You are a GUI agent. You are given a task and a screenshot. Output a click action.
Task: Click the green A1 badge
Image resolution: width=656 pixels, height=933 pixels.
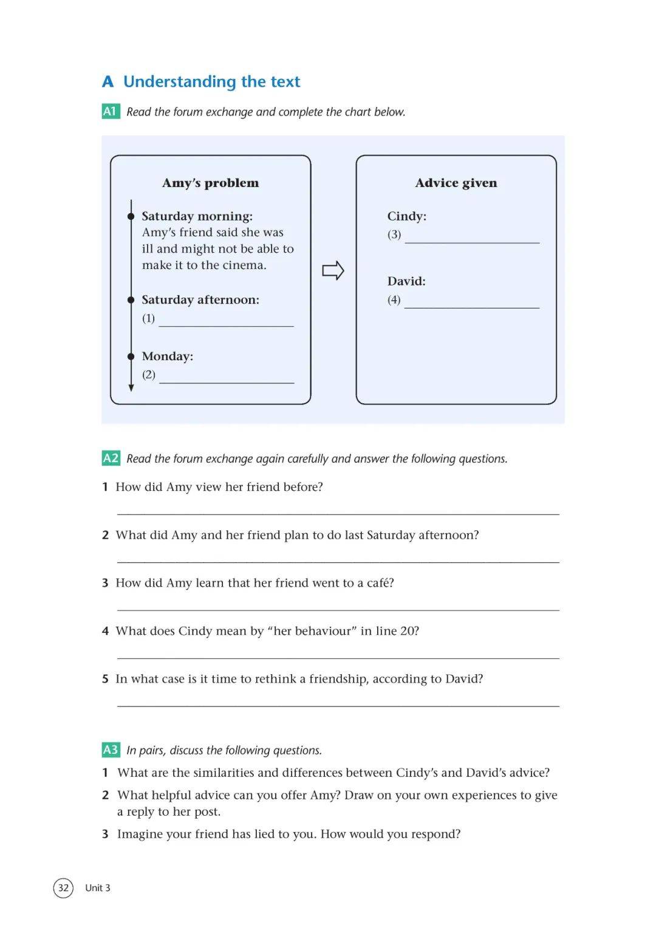[x=110, y=111]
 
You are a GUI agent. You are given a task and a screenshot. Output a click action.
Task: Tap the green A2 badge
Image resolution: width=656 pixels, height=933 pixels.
[x=111, y=458]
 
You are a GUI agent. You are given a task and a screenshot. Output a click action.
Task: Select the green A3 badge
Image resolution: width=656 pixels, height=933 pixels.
[x=111, y=750]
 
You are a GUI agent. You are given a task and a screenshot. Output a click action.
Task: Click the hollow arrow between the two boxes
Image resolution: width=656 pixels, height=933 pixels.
[x=333, y=270]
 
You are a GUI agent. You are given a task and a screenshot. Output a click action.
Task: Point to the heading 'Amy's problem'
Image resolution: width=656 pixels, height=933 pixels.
[x=210, y=183]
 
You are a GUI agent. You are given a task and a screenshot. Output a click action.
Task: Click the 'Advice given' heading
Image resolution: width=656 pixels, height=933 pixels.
[x=456, y=183]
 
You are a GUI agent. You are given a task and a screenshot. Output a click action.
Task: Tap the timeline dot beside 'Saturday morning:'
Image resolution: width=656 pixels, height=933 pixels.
[x=131, y=216]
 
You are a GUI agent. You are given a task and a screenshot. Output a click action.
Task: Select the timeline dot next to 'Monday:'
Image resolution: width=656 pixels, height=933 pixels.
[x=131, y=356]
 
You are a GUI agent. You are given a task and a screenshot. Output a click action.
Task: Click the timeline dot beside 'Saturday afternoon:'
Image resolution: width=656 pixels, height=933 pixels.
[x=131, y=299]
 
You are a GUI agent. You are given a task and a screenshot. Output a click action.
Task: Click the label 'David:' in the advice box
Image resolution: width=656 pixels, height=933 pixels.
[x=406, y=281]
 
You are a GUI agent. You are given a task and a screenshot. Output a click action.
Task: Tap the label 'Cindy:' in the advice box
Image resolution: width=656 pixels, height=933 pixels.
[x=407, y=216]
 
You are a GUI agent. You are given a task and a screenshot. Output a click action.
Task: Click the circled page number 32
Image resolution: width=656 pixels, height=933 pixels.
[x=63, y=887]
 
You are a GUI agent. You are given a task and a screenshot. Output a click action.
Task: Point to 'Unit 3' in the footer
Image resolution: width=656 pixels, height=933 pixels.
[x=98, y=888]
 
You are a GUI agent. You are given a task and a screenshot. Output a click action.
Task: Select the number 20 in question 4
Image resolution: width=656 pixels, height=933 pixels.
[x=408, y=631]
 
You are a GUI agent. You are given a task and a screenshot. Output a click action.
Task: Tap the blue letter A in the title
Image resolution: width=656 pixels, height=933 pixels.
[x=108, y=82]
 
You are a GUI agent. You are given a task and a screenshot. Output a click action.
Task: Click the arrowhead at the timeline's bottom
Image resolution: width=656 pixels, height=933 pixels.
[x=131, y=388]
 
